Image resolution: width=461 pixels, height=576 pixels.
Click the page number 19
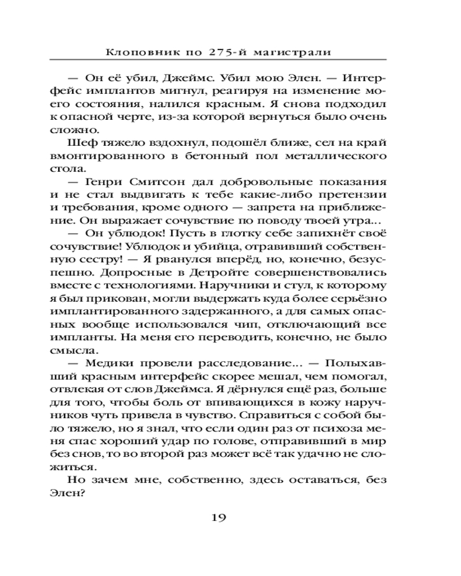(219, 517)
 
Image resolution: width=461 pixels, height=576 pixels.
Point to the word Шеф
(80, 143)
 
